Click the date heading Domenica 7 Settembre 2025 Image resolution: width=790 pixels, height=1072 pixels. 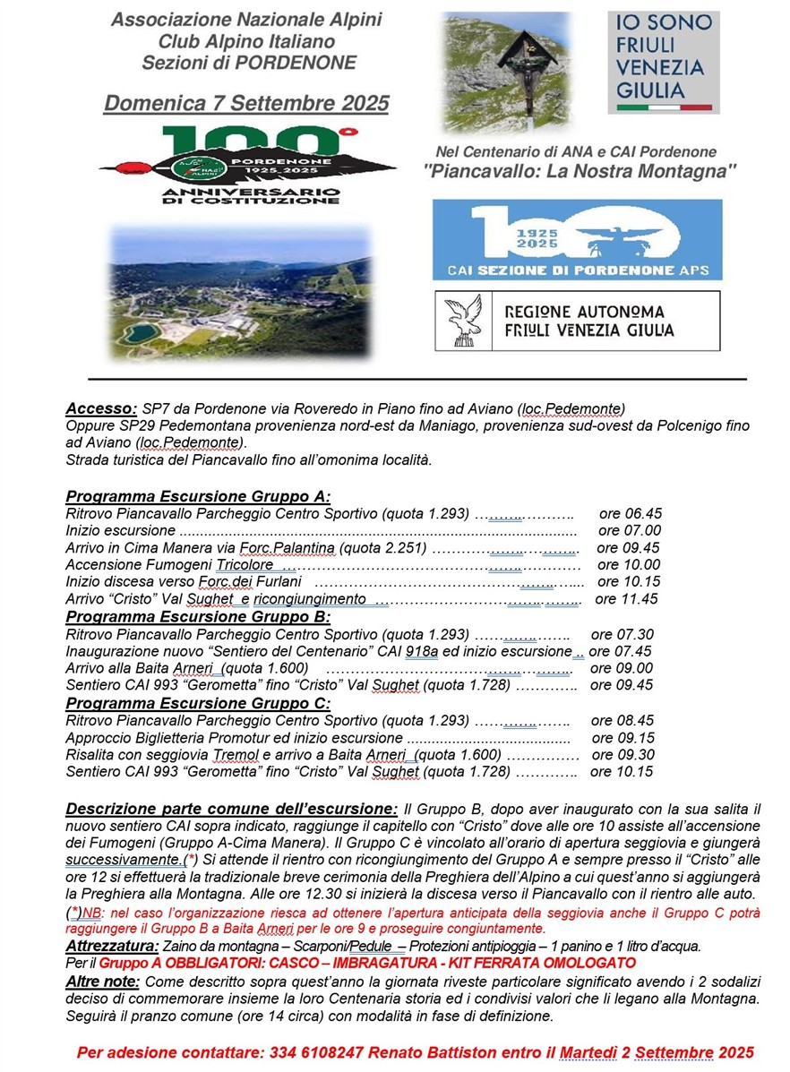click(x=246, y=103)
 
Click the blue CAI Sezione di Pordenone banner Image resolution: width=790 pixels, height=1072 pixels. click(x=577, y=239)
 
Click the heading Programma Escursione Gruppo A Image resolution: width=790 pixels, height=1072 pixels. click(x=199, y=496)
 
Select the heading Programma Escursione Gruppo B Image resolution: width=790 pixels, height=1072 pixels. click(x=199, y=616)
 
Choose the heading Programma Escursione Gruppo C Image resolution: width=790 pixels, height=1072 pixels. click(x=199, y=703)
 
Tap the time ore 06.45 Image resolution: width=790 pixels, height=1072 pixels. click(x=631, y=513)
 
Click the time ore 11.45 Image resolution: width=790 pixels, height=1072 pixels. click(x=626, y=599)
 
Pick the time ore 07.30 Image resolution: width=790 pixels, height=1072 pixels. click(x=622, y=634)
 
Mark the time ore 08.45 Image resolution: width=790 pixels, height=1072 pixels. click(x=622, y=720)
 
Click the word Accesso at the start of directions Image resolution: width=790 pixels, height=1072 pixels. click(x=101, y=408)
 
